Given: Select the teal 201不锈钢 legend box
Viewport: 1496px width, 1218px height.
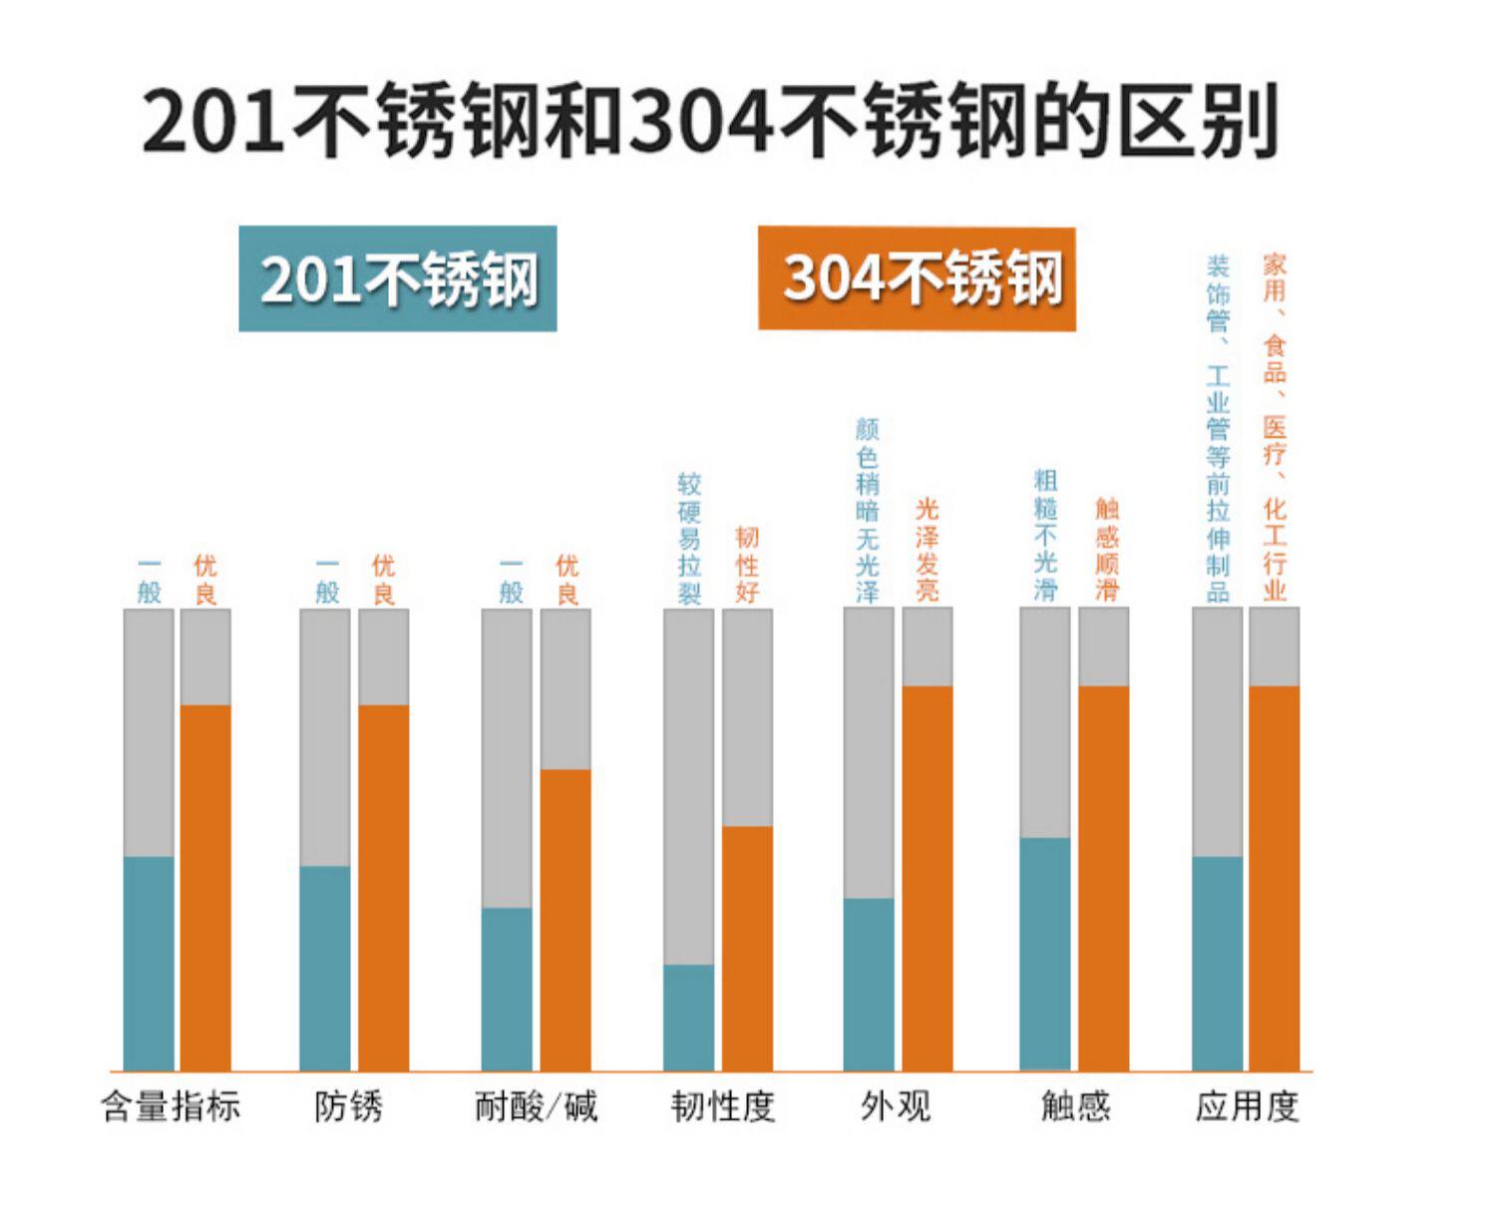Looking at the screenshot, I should point(398,278).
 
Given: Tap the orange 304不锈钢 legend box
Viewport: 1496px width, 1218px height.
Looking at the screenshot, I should point(917,278).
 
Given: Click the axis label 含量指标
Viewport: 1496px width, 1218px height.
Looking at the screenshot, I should point(172,1106).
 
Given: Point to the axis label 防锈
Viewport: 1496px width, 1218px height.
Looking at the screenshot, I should point(348,1106).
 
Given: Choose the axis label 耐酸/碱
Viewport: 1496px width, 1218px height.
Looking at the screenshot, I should point(536,1106).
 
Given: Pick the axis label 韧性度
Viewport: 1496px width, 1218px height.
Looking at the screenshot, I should point(723,1106).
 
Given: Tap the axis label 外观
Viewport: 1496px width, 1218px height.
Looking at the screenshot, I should point(896,1106).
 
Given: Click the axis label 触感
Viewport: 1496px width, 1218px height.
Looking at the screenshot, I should point(1075,1106).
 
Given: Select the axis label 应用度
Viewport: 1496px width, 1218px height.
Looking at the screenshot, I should point(1247,1106).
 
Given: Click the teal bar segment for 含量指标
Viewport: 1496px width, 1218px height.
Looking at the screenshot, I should point(149,964).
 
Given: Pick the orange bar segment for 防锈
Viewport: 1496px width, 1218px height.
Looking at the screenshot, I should point(383,888).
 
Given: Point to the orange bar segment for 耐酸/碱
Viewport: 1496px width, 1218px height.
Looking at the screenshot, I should point(565,920).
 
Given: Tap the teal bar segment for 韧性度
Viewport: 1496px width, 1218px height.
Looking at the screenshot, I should point(689,1017).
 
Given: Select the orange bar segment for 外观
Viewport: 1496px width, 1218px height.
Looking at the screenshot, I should point(928,878).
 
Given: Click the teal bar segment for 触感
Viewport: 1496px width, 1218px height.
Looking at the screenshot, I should point(1044,954).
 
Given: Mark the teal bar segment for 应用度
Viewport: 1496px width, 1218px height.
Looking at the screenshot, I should point(1217,964).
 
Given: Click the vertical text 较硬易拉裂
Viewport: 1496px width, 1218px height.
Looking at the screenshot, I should point(689,539).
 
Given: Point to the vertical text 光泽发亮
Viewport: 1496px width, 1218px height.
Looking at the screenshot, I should point(928,550).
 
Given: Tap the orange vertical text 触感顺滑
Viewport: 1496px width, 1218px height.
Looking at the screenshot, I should point(1107,550).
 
